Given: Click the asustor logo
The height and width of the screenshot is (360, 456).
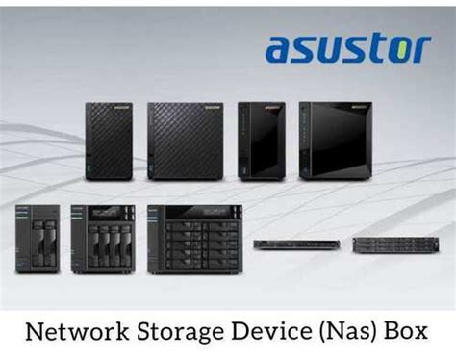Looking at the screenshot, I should click(347, 47).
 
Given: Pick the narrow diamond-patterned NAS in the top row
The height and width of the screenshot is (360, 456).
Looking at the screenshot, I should click(108, 141).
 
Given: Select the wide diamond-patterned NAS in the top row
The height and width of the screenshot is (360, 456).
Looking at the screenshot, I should click(186, 141).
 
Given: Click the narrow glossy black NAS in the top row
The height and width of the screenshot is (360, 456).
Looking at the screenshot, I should click(261, 141).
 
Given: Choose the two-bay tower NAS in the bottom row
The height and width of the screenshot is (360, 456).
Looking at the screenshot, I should click(37, 239).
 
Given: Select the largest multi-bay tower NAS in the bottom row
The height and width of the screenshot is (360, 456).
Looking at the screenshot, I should click(189, 238).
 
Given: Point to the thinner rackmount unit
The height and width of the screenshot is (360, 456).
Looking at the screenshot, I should click(295, 244).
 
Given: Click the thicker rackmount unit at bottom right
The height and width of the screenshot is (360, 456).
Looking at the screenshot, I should click(388, 244).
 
